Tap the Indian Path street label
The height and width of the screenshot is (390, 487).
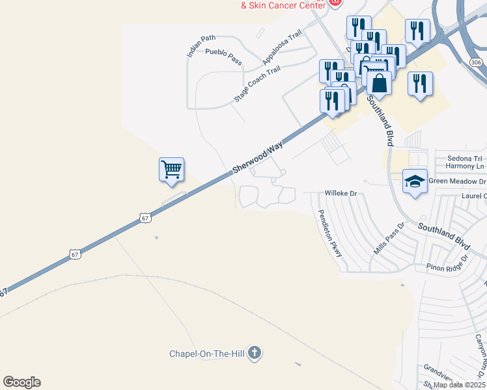201,46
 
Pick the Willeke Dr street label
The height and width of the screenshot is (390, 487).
341,194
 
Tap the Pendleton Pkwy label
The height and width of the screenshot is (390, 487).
330,233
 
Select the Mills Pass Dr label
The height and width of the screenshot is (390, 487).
387,239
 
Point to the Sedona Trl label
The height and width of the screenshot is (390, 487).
464,158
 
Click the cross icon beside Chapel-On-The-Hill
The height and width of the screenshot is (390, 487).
255,353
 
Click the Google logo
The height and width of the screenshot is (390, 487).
21,382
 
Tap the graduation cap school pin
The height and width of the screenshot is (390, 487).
415,181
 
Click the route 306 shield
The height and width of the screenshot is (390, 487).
476,62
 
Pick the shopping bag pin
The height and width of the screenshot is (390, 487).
380,83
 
